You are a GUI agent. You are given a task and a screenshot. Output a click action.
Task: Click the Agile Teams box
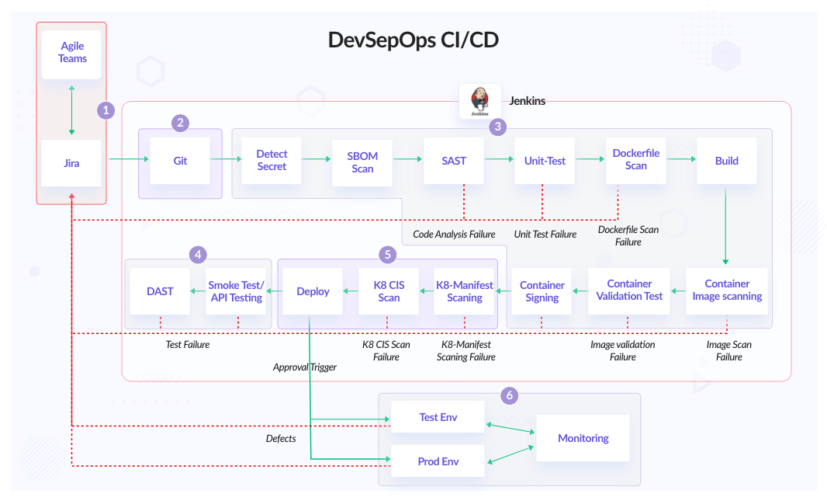click(x=71, y=54)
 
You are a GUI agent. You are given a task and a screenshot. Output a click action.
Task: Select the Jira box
click(x=71, y=163)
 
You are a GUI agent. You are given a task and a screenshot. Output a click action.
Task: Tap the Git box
click(x=180, y=161)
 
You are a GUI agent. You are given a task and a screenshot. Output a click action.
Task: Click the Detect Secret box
click(x=272, y=161)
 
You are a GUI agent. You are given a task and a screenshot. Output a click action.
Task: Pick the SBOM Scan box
click(x=362, y=162)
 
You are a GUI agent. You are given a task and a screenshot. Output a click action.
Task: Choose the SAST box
click(x=454, y=161)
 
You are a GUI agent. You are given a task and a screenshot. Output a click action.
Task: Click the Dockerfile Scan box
click(x=636, y=160)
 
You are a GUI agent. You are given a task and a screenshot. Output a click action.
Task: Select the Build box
click(x=727, y=161)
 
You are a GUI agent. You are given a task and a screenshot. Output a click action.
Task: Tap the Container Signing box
click(x=542, y=291)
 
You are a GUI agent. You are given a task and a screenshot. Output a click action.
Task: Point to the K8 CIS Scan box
click(x=389, y=291)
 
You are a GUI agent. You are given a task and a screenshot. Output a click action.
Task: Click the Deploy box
click(x=313, y=291)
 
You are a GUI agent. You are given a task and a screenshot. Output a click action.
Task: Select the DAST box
click(x=160, y=291)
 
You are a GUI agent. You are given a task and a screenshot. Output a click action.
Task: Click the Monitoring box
click(x=583, y=438)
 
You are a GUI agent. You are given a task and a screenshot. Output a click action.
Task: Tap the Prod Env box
click(x=438, y=461)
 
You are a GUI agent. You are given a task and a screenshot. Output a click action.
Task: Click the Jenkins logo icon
click(x=480, y=101)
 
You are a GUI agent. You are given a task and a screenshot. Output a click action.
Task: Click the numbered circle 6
click(x=510, y=395)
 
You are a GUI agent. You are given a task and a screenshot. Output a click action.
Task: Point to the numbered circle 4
click(x=198, y=255)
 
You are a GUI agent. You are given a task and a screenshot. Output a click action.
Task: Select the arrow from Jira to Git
click(x=129, y=159)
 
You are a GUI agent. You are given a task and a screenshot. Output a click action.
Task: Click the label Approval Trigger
click(x=304, y=367)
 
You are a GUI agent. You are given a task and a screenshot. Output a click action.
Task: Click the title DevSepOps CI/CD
click(x=413, y=40)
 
